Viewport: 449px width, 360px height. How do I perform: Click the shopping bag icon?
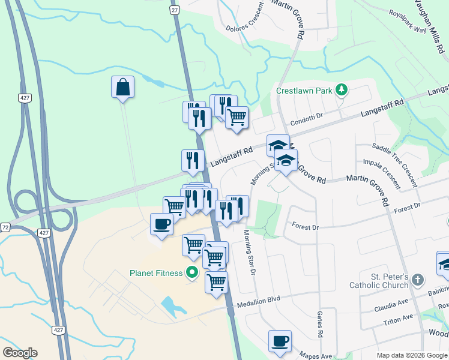(x=122, y=87)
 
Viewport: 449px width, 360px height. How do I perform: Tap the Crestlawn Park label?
(x=304, y=91)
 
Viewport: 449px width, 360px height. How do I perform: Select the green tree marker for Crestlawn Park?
(x=342, y=90)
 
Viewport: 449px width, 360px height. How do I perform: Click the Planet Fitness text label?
(x=156, y=274)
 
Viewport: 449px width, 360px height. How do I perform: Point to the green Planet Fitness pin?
(x=193, y=273)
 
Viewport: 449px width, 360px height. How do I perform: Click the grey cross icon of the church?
(x=418, y=280)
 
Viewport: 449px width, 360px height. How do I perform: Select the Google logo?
(x=20, y=353)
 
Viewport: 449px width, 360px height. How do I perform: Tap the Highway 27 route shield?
(x=175, y=10)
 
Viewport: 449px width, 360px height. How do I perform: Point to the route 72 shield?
(x=5, y=227)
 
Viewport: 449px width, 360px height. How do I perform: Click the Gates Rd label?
(x=320, y=325)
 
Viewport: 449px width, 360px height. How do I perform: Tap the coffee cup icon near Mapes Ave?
(x=280, y=341)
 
